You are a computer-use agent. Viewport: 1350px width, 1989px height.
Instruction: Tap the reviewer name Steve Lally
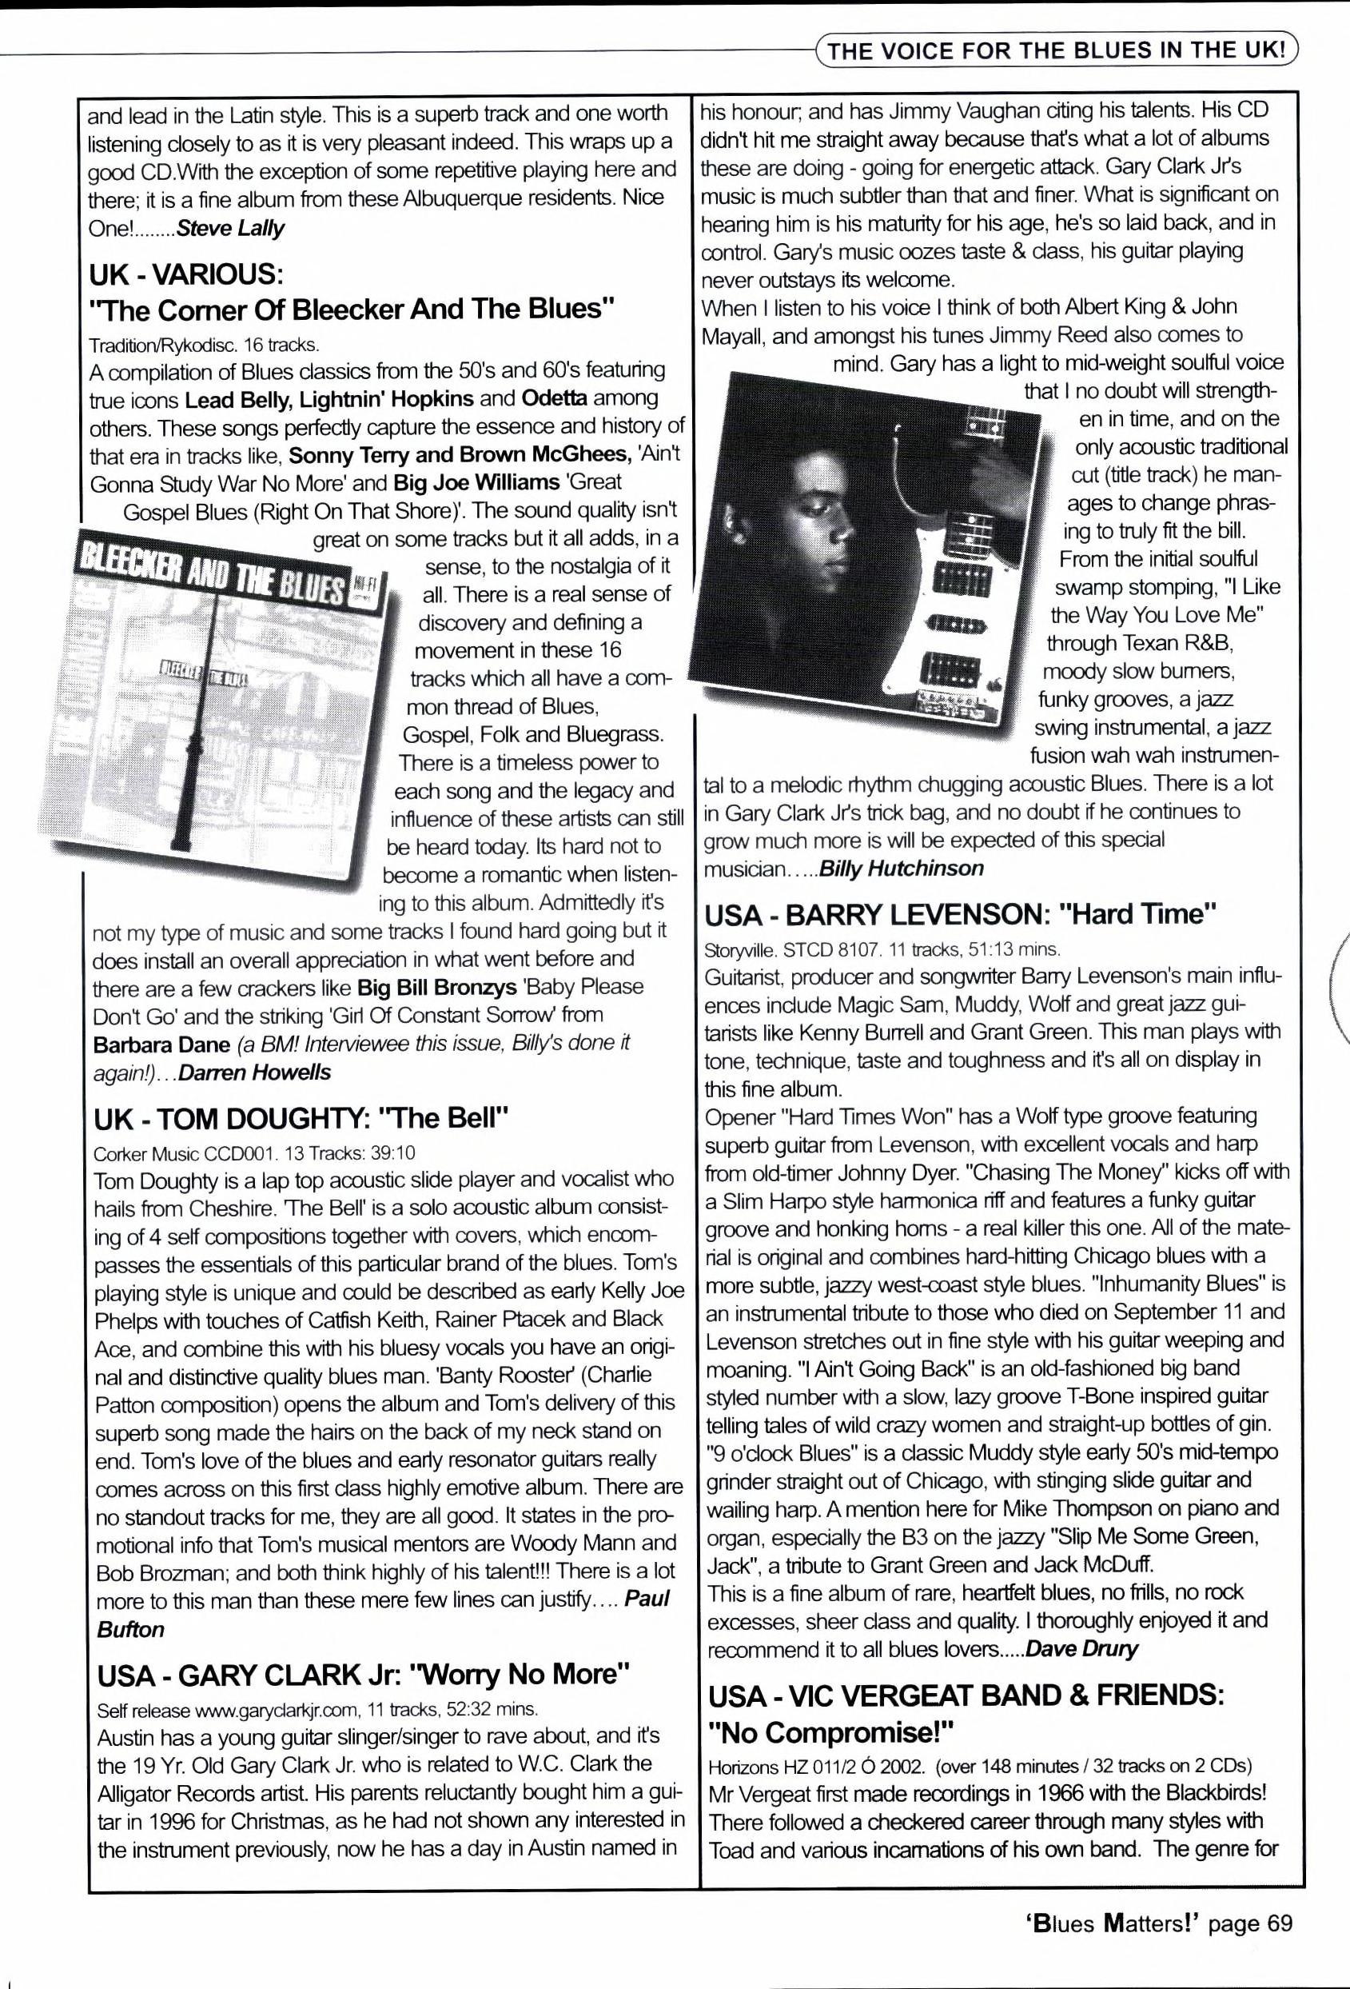229,230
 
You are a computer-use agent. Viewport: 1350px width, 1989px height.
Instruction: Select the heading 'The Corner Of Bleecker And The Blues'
352,309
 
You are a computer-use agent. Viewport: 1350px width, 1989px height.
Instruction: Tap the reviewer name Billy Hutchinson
901,869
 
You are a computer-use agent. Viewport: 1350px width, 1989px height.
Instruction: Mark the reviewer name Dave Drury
1081,1648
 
